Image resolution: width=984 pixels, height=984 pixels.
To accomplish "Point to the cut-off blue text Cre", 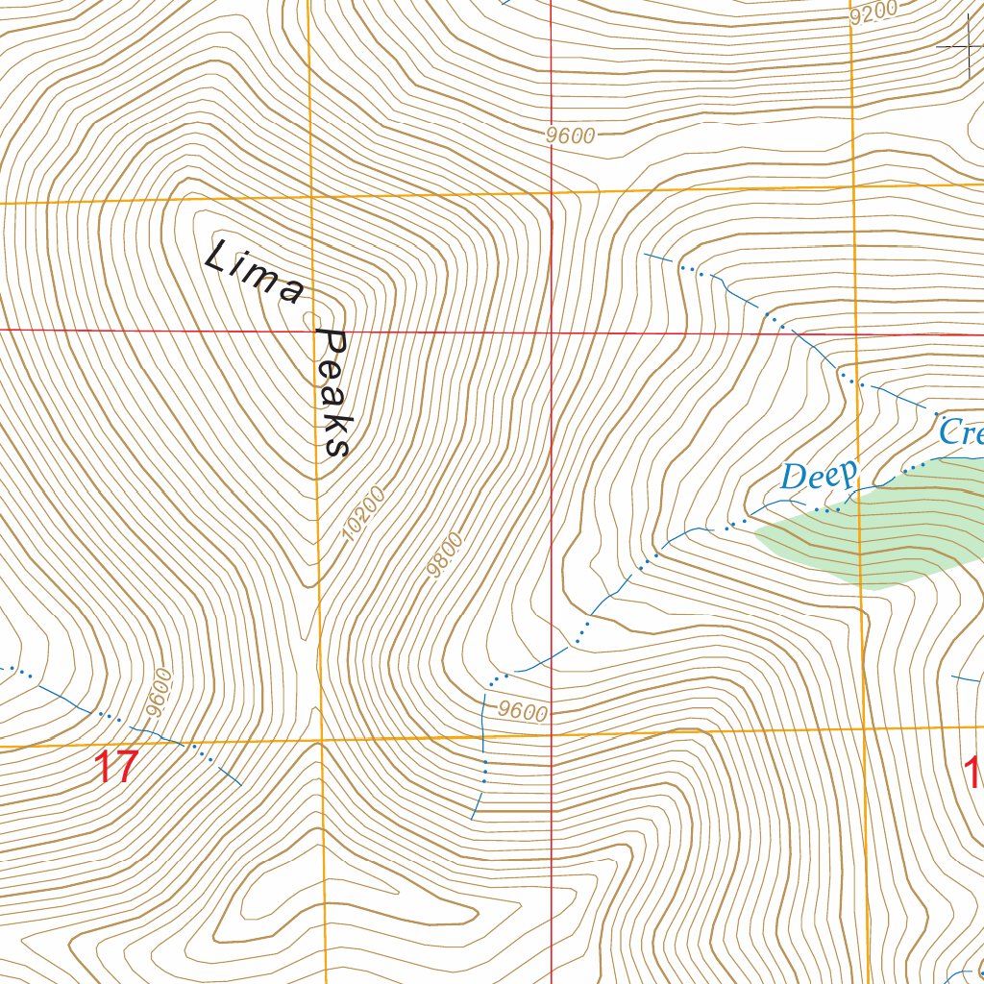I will pos(960,431).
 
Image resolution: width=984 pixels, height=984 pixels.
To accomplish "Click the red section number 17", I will pos(115,768).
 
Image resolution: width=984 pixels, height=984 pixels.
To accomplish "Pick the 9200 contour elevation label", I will pos(873,12).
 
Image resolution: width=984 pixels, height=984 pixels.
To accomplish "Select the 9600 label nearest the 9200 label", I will pos(571,136).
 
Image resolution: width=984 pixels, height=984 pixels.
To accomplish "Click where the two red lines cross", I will pos(552,333).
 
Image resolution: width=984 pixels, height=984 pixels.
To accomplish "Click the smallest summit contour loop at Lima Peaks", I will pos(309,319).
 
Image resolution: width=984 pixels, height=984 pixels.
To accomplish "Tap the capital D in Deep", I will pos(794,477).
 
